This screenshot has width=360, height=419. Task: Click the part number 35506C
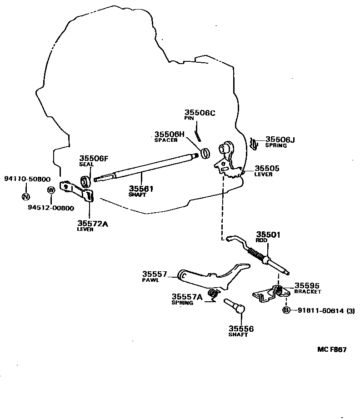click(x=200, y=113)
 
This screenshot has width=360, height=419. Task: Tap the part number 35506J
click(x=280, y=140)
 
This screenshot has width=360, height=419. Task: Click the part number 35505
click(x=267, y=168)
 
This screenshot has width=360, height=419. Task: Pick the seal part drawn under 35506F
click(x=85, y=182)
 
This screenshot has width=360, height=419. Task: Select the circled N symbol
click(x=26, y=197)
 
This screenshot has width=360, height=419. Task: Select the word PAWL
click(x=150, y=280)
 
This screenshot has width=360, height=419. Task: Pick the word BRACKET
click(x=307, y=292)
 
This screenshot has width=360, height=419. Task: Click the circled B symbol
click(x=286, y=310)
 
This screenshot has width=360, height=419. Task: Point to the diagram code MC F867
click(x=332, y=349)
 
